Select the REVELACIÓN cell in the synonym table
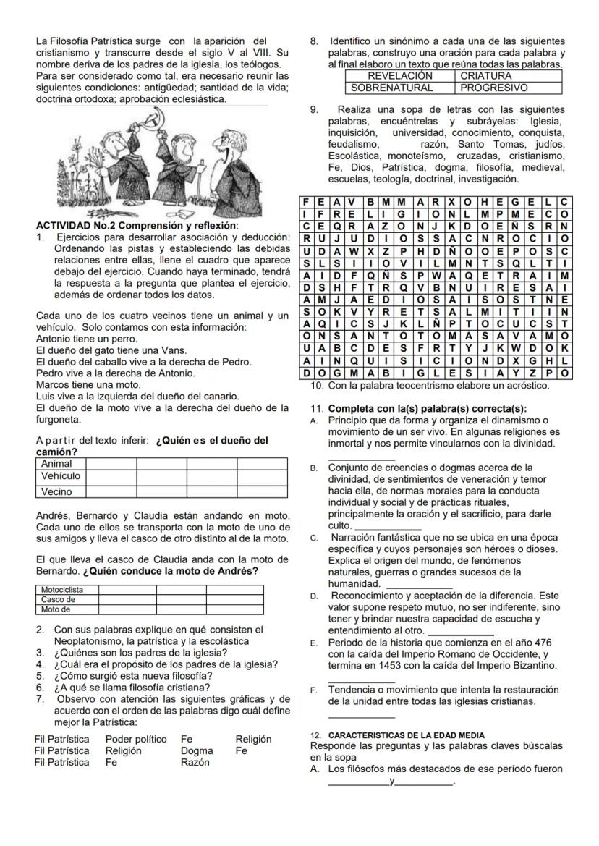(400, 75)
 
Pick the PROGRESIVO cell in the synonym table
(494, 88)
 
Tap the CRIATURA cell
(485, 75)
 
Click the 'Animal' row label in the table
(56, 463)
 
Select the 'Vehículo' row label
(61, 476)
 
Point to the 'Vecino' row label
(57, 492)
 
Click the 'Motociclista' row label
(62, 590)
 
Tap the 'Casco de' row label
(58, 599)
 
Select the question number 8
(314, 41)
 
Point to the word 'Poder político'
(136, 739)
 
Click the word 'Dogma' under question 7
(197, 750)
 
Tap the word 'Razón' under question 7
(195, 762)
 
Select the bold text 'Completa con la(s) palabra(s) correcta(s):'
(427, 409)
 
